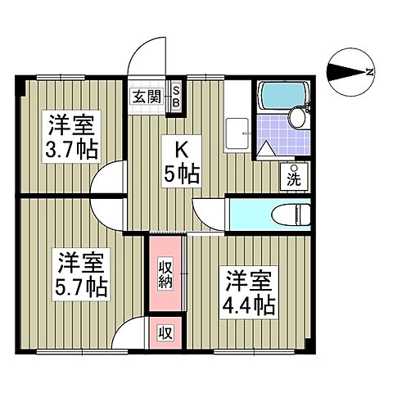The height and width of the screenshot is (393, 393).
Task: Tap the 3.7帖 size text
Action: (x=70, y=151)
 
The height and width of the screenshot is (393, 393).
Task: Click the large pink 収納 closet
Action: (x=165, y=275)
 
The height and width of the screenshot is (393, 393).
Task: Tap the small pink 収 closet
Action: (x=165, y=333)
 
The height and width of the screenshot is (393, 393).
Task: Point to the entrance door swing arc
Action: (x=147, y=55)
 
